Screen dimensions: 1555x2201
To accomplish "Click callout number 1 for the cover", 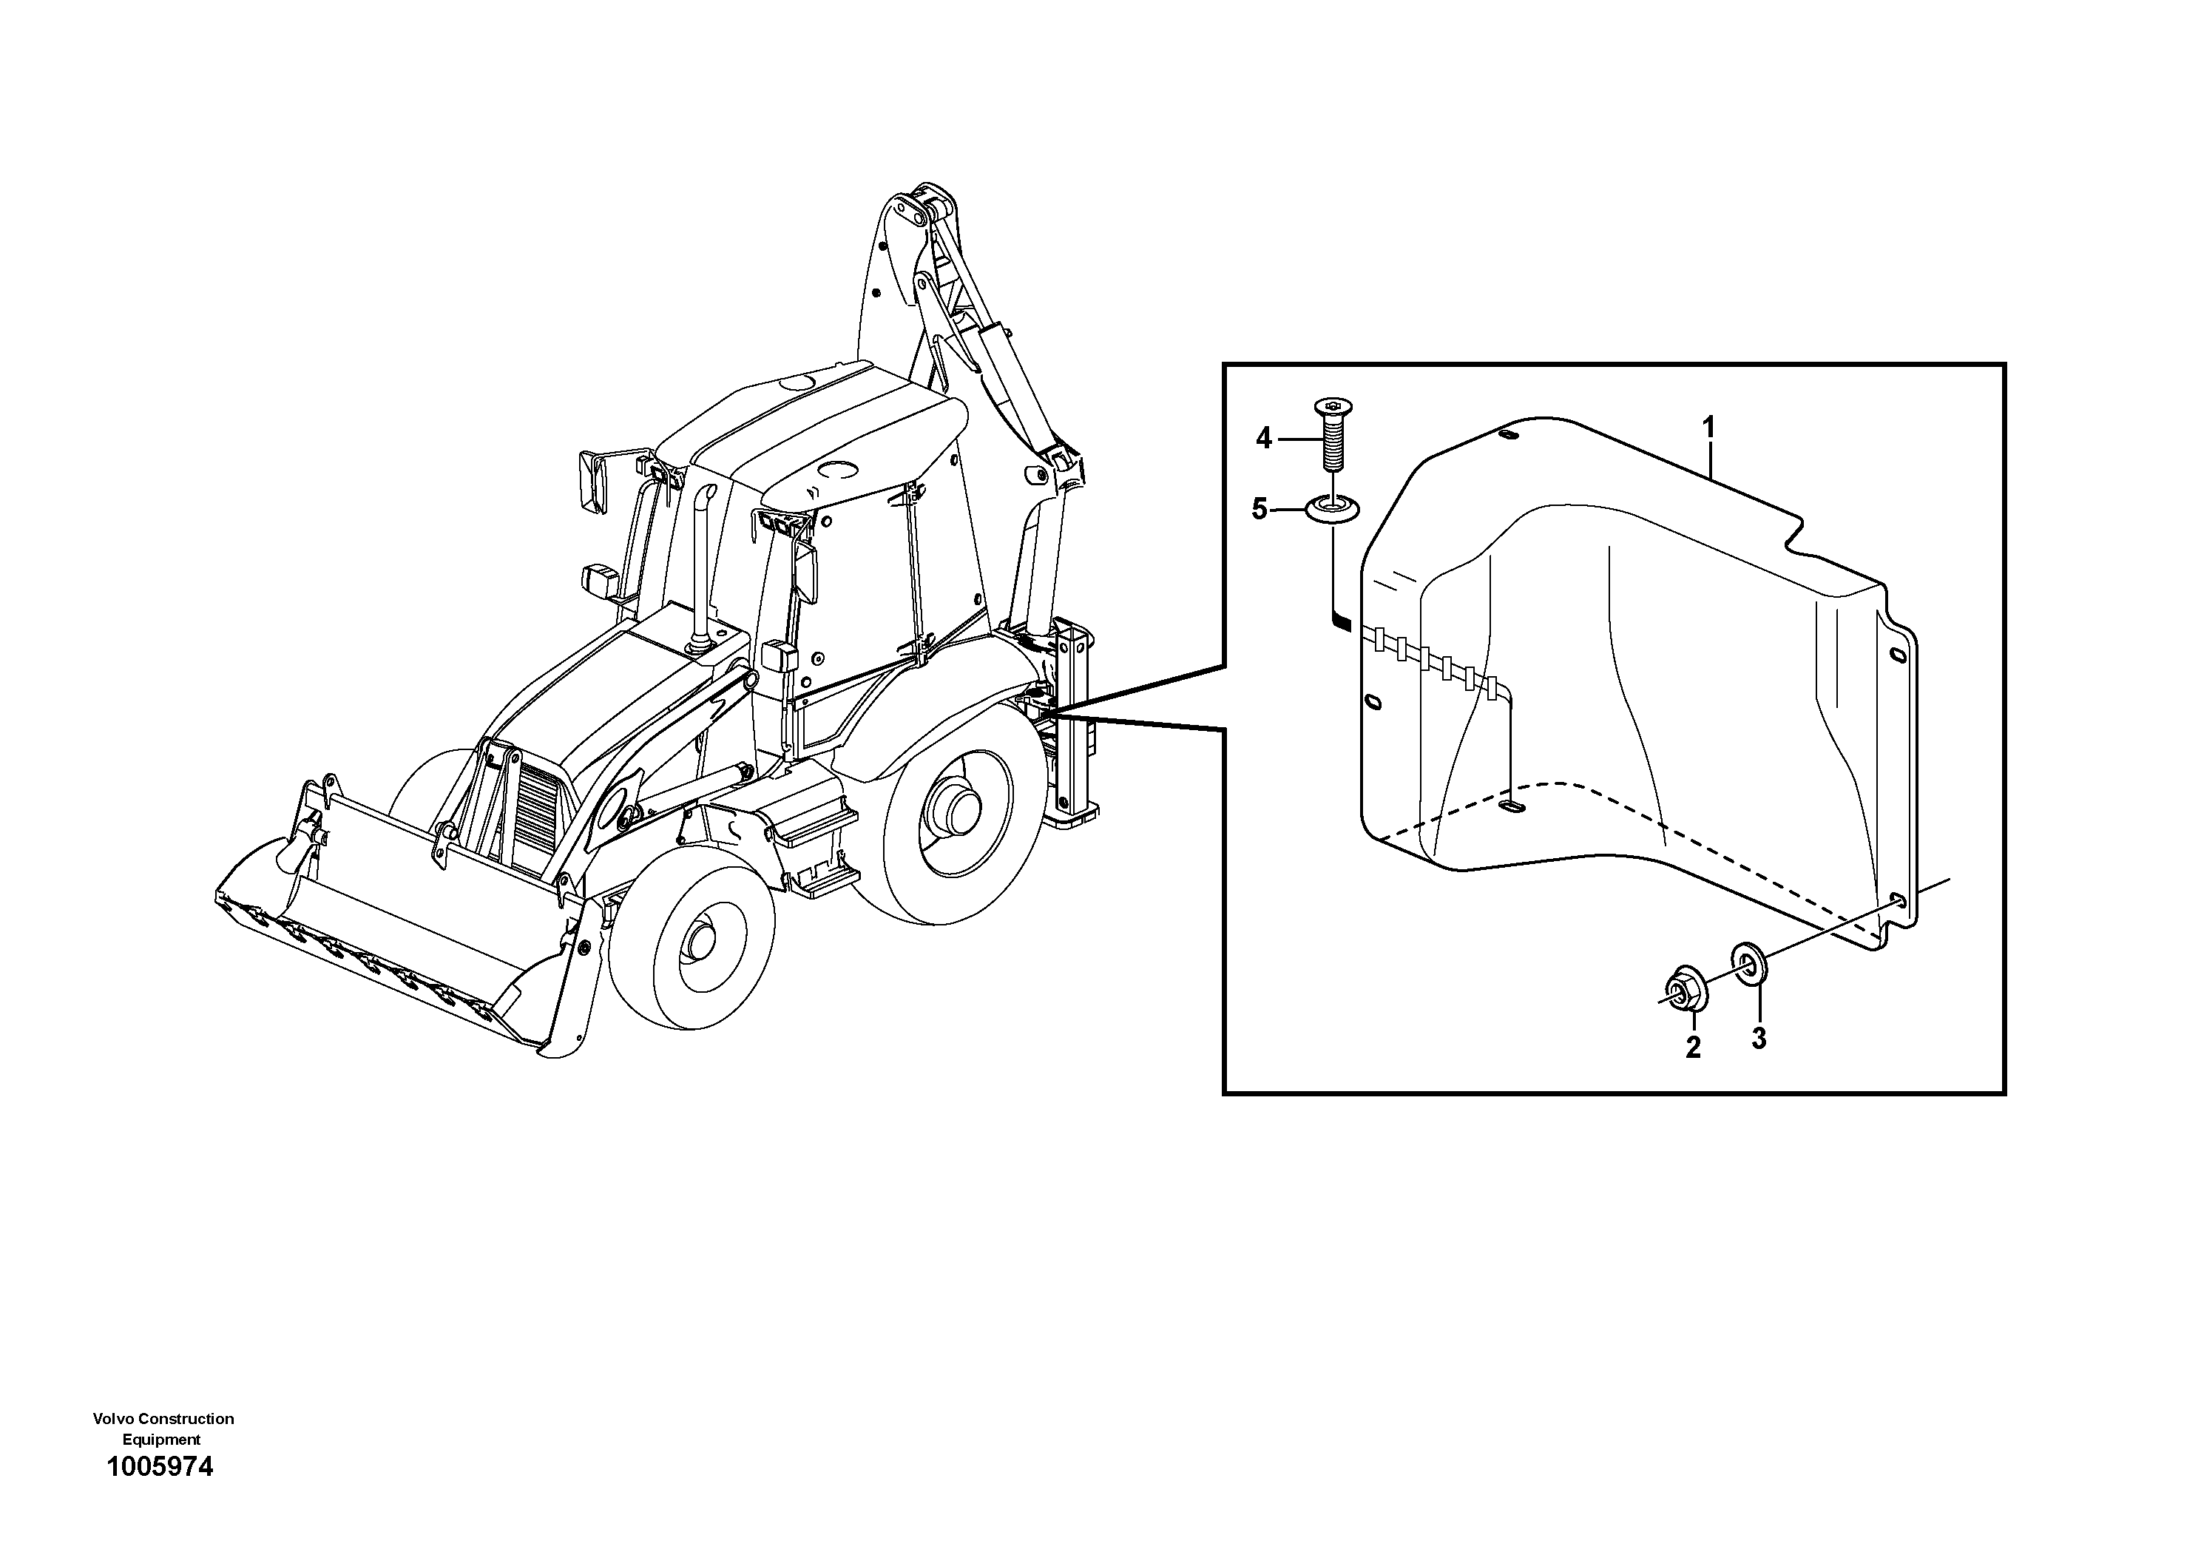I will pos(1708,428).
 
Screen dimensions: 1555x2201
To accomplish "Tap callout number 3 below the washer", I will pos(1758,1037).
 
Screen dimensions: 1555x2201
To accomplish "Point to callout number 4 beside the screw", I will pos(1263,439).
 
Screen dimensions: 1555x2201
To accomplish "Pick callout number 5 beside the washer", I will pos(1260,509).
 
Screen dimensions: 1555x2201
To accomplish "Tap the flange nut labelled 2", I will pos(1688,991).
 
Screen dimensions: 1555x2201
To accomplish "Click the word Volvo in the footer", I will pos(114,1419).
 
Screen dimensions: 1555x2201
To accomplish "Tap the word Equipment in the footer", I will pos(161,1440).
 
